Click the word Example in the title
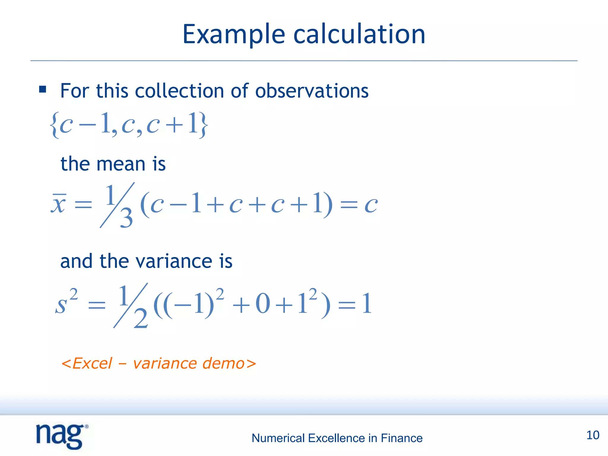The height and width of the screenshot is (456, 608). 234,35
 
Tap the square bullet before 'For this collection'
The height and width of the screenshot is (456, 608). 43,89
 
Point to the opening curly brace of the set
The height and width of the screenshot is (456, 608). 54,125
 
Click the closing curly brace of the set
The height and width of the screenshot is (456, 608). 203,125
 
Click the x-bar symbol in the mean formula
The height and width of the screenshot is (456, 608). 58,203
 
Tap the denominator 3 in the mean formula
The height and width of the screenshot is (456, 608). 126,218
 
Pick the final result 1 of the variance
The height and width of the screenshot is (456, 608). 367,304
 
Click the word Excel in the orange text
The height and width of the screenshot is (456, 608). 92,363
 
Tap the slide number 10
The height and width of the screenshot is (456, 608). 593,435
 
